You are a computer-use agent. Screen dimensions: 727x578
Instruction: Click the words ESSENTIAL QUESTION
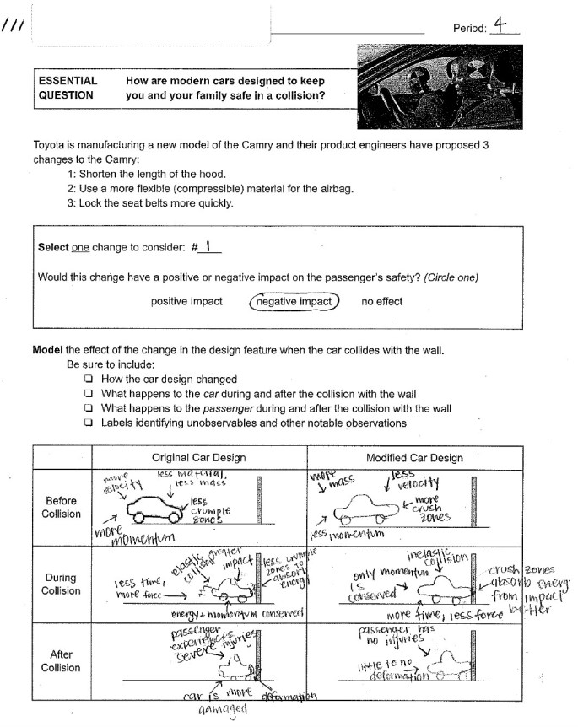[68, 89]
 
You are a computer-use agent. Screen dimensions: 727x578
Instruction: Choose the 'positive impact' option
[186, 301]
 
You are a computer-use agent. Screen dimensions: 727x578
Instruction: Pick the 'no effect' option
[381, 301]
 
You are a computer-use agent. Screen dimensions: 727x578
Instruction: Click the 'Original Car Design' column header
[198, 458]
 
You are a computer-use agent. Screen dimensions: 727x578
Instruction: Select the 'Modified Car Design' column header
[414, 458]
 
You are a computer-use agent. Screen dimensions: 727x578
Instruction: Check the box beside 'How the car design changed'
[88, 380]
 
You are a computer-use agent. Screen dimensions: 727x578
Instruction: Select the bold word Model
[47, 350]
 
